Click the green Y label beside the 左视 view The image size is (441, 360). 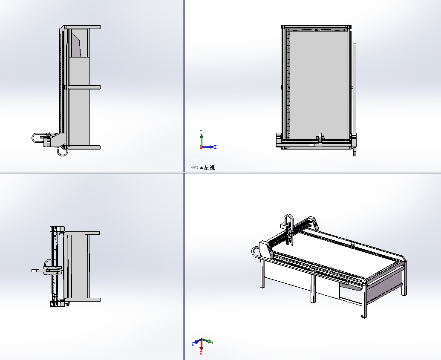click(201, 132)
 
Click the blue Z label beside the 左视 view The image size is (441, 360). click(216, 147)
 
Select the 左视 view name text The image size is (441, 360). click(209, 167)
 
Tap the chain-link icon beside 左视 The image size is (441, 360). click(195, 167)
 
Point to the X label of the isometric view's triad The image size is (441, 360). click(202, 353)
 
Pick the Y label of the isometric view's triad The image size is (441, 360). click(212, 342)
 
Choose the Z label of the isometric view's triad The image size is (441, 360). click(193, 344)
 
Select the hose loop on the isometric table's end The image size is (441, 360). click(254, 251)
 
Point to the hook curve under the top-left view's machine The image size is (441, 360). click(63, 153)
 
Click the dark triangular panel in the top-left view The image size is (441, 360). click(76, 45)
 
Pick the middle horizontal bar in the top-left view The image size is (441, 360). click(83, 87)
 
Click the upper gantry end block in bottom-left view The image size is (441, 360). click(58, 229)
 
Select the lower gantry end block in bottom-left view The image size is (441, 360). click(58, 304)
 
